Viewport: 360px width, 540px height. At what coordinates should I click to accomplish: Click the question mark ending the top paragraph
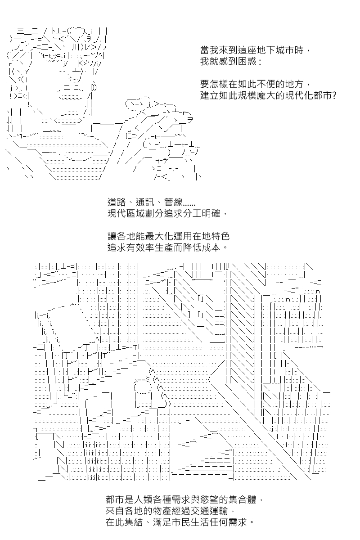[x=334, y=96]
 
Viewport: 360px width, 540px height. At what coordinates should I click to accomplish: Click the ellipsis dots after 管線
[x=189, y=205]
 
